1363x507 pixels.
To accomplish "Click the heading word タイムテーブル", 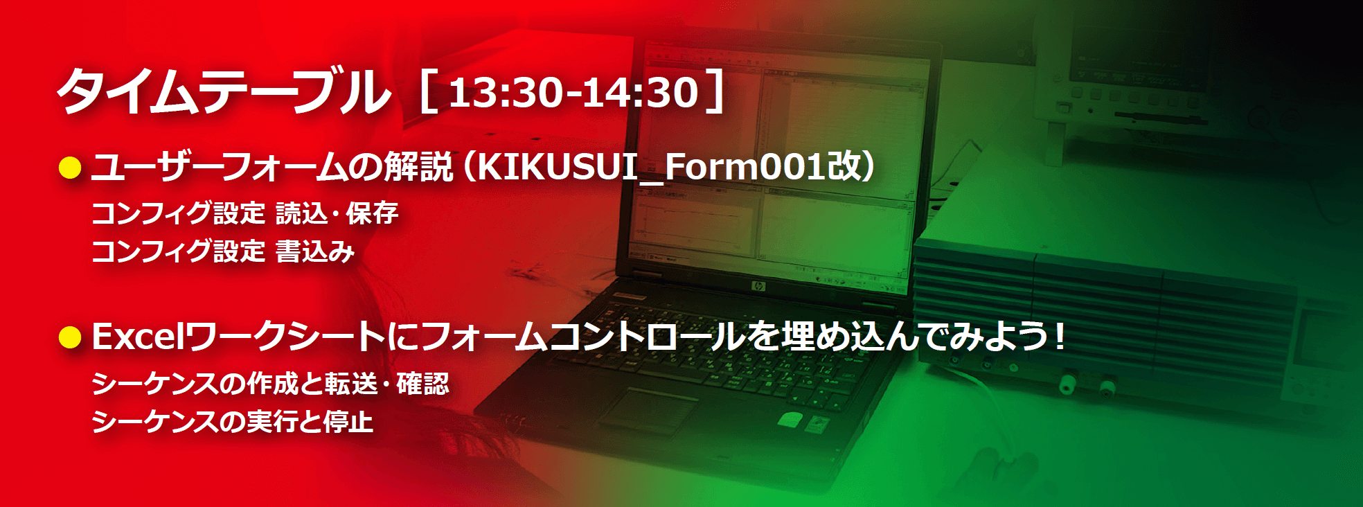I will pos(223,91).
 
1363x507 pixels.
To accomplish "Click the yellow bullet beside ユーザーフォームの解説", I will pos(70,168).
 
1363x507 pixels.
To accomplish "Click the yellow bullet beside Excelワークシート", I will pos(70,337).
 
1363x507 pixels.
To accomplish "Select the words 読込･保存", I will pos(337,213).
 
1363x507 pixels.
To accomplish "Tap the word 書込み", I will pos(315,251).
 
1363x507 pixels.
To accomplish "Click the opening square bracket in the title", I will pos(429,91).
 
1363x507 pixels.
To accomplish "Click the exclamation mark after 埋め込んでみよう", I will pos(1059,337).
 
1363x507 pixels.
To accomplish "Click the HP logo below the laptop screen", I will pos(758,286).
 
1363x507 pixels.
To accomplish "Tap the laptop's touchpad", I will pos(647,410).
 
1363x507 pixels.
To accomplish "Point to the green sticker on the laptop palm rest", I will pos(790,419).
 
